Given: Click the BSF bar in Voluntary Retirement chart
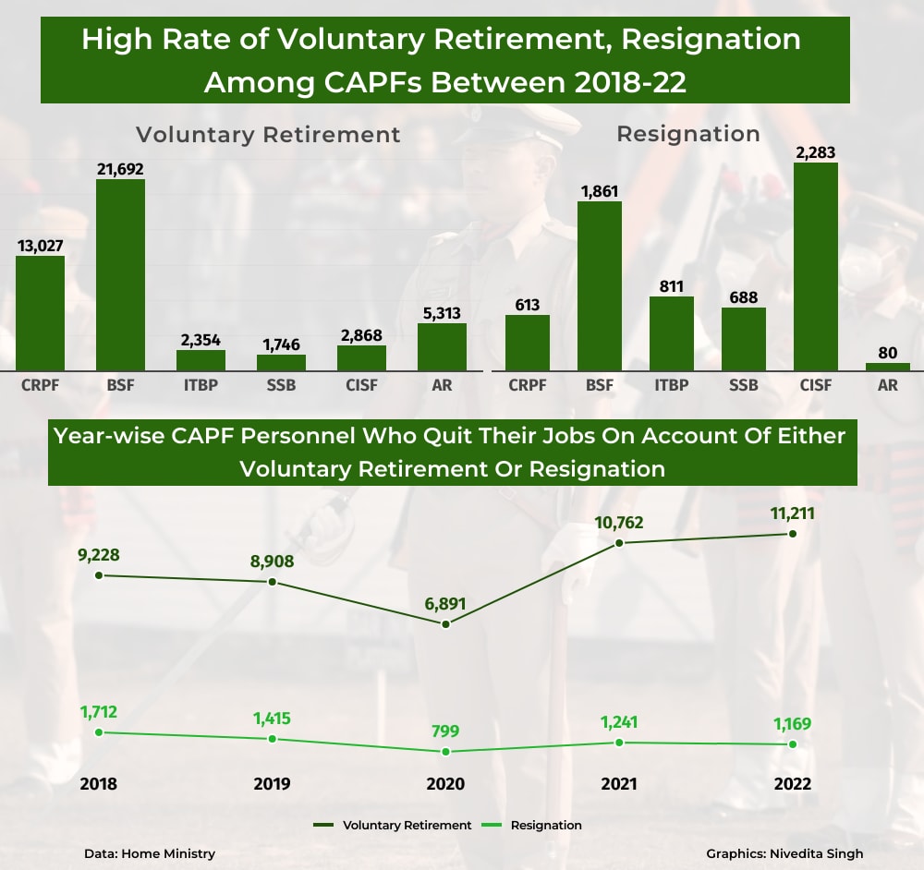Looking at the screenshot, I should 120,275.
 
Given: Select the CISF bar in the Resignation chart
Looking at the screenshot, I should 815,267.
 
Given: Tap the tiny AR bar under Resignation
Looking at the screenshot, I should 887,367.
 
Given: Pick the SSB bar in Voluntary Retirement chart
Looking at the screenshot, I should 281,362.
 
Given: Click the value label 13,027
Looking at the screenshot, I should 40,245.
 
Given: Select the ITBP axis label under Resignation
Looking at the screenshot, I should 671,385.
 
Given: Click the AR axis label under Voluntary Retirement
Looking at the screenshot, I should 442,385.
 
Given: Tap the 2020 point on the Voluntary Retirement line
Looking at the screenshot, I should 445,624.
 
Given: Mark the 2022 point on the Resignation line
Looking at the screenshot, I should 793,744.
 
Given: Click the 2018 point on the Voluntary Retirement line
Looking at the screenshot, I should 99,575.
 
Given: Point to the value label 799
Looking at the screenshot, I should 444,731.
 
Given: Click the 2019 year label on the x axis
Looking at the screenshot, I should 272,783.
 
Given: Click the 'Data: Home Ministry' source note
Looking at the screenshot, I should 149,853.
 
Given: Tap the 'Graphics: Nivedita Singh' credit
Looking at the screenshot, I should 784,853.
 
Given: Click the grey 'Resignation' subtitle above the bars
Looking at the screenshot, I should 687,134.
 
